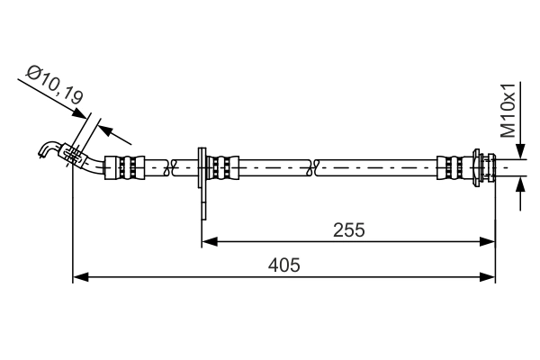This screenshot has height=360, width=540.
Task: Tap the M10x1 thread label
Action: coord(509,109)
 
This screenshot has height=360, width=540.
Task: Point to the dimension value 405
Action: coord(283,265)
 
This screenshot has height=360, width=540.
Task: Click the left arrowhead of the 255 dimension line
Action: coord(208,240)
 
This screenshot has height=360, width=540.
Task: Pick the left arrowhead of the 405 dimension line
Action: coord(79,276)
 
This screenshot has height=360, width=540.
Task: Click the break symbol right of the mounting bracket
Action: coord(312,166)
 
